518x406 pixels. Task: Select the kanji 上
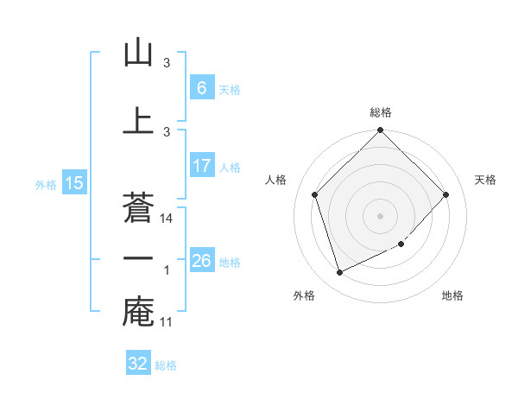pos(138,120)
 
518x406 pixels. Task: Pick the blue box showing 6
pos(201,87)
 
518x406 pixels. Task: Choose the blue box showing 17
pos(201,165)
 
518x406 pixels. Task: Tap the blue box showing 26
pos(201,260)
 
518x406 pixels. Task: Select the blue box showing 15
pos(73,183)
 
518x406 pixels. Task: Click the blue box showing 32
pos(138,364)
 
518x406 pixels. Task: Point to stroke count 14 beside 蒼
pos(167,219)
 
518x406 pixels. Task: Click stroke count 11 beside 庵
pos(167,322)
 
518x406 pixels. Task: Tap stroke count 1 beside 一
pos(167,270)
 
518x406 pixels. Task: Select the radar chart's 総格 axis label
pos(381,112)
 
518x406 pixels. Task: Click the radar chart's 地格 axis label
pos(452,295)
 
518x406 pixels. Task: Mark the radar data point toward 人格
pos(315,194)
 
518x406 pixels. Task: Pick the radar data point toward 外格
pos(340,272)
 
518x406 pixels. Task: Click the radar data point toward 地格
pos(401,244)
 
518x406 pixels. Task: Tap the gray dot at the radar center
pos(381,216)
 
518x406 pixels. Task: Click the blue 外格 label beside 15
pos(45,184)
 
